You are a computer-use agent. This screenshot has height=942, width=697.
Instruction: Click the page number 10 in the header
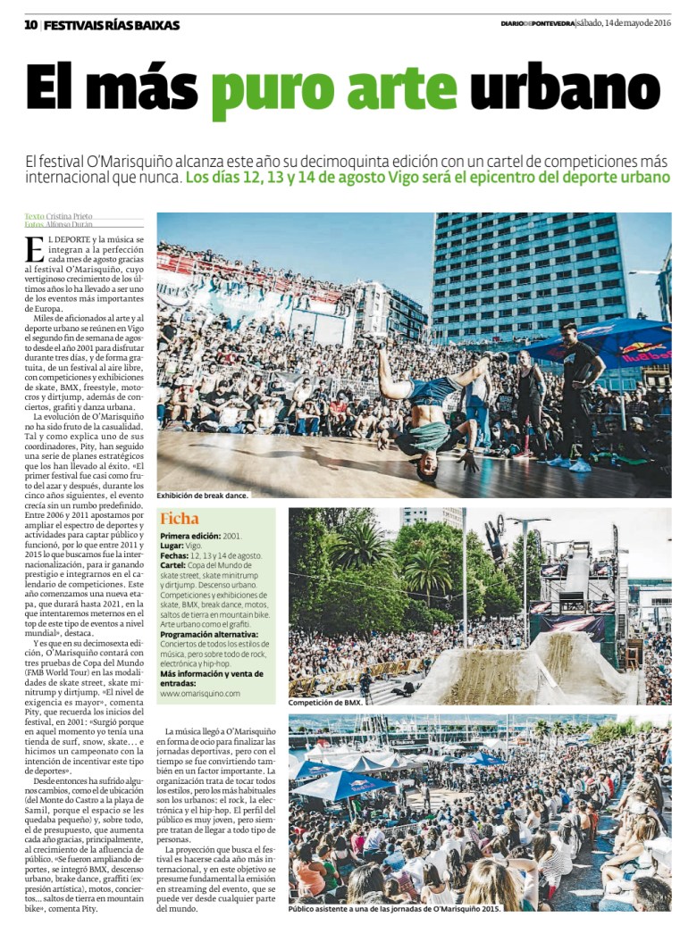click(31, 24)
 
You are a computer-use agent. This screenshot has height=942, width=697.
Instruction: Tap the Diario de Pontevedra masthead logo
click(536, 24)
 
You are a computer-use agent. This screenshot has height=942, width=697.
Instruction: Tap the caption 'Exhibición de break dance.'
click(203, 495)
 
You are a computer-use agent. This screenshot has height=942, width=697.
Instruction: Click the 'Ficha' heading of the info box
click(179, 518)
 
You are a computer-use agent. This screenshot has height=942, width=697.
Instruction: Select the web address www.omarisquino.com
click(200, 693)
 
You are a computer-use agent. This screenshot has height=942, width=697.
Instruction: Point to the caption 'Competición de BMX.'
click(325, 703)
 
